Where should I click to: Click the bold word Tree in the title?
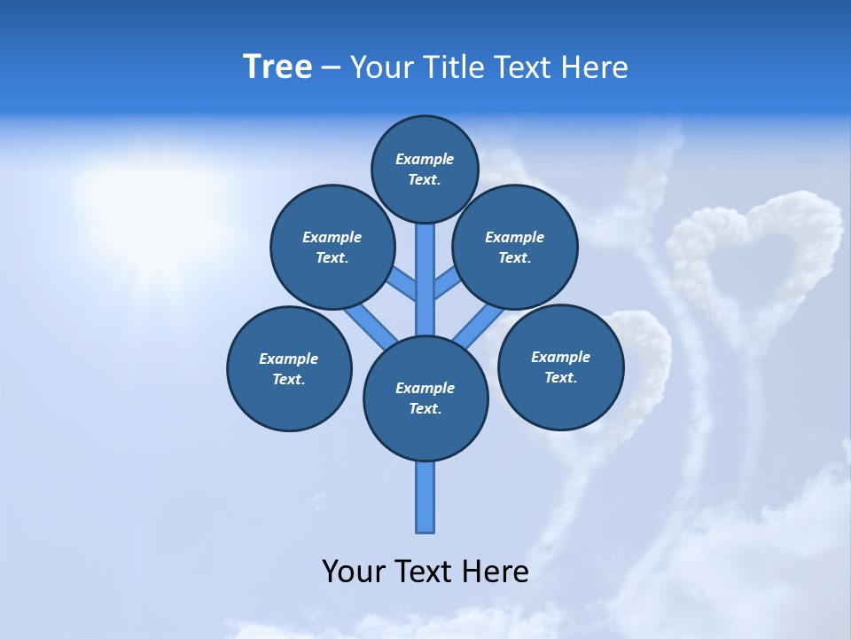(277, 67)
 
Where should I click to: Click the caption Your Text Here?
(425, 572)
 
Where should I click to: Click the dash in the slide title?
(331, 68)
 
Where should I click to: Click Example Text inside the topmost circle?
(425, 169)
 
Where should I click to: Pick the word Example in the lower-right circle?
(560, 357)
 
